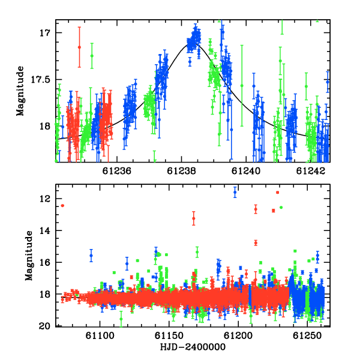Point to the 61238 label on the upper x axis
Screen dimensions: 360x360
(181, 171)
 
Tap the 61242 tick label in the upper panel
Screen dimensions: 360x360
(311, 171)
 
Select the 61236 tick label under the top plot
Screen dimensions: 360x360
(116, 171)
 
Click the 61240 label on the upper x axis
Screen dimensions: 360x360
(246, 171)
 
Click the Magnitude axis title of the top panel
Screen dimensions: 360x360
(20, 91)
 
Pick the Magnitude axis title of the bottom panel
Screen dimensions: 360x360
(29, 256)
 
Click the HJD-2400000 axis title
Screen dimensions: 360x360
(193, 347)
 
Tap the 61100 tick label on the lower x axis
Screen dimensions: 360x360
(100, 336)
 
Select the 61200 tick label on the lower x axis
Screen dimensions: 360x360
(238, 336)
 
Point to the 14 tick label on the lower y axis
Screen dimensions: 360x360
(45, 230)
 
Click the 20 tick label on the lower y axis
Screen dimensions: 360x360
(45, 326)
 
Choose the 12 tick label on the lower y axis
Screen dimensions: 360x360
(45, 199)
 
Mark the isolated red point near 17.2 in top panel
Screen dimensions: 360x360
(79, 47)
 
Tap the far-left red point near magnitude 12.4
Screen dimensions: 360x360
(62, 205)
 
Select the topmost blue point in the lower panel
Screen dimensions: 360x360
(235, 193)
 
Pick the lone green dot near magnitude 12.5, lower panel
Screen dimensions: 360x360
(281, 208)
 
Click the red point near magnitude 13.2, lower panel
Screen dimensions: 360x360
(194, 218)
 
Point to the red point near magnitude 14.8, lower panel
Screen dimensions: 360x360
(256, 243)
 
